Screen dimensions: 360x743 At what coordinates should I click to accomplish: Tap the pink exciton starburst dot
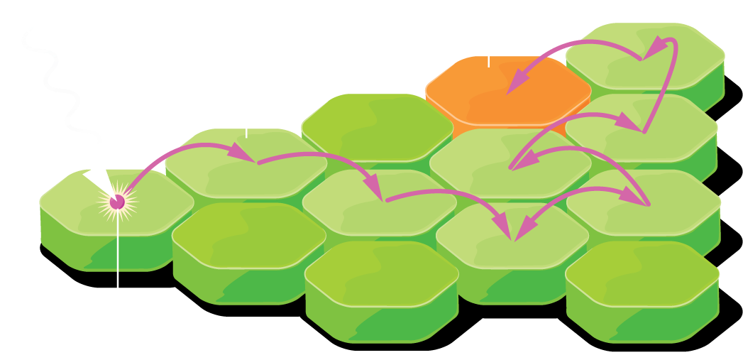click(118, 202)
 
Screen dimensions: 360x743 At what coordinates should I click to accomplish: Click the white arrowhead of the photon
click(95, 178)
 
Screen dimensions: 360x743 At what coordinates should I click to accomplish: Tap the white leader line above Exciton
click(118, 284)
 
